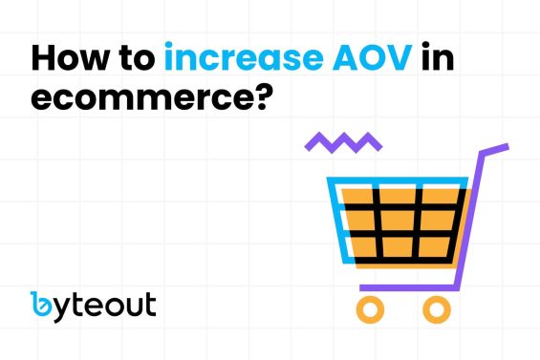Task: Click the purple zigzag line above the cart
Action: click(x=343, y=143)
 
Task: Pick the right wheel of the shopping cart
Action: click(x=436, y=307)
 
